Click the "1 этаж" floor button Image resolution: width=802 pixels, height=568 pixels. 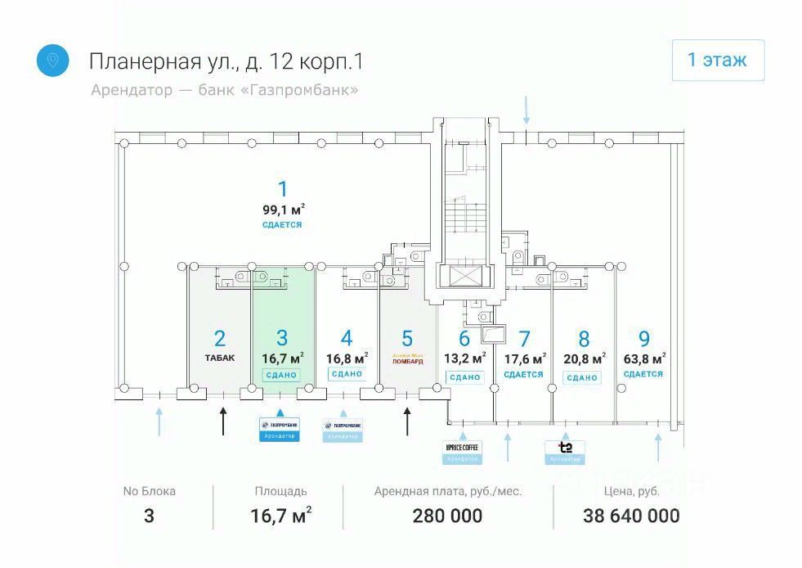click(x=718, y=61)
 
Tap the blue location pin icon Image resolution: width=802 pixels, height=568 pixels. click(x=53, y=61)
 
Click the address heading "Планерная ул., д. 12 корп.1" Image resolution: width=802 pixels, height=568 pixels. click(x=225, y=61)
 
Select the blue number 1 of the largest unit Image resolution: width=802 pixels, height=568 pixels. click(x=283, y=189)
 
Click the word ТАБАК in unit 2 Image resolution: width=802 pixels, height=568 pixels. click(x=219, y=358)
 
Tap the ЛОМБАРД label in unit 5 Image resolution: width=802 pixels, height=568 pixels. click(x=408, y=359)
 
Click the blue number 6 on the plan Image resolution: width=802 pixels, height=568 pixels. click(x=464, y=338)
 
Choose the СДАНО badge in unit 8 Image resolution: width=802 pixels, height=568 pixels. click(x=581, y=377)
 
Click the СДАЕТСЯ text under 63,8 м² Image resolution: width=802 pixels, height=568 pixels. click(x=643, y=374)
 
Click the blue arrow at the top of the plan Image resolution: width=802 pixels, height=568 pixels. click(x=526, y=109)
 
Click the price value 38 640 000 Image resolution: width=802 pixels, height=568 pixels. click(x=631, y=516)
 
